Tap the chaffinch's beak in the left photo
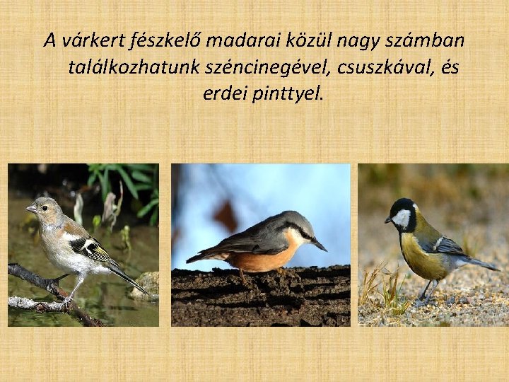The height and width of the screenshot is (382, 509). tap(30, 209)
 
